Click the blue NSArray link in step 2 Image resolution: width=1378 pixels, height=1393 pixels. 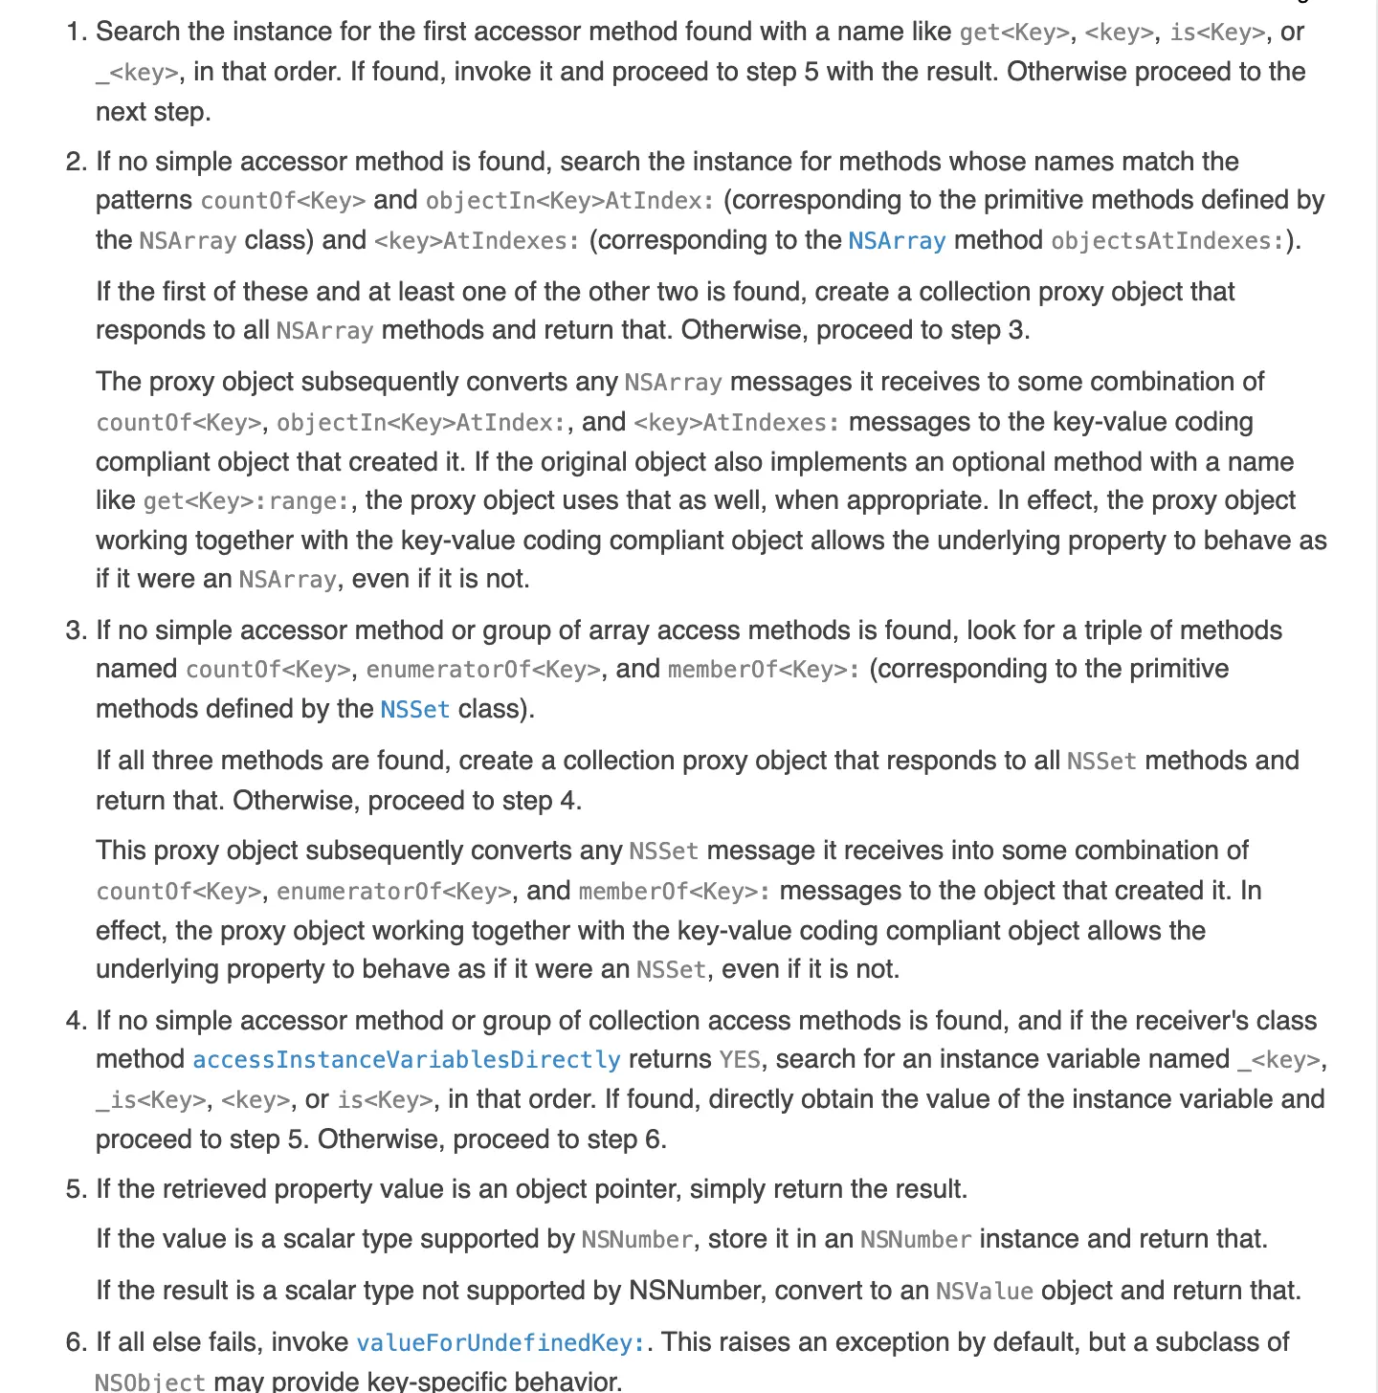click(897, 240)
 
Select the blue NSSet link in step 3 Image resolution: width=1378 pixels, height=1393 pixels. click(414, 709)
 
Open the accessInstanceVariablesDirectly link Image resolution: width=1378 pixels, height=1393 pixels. click(407, 1059)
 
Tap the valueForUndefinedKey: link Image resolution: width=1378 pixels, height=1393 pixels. click(500, 1342)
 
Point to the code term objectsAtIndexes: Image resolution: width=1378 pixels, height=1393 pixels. click(1167, 240)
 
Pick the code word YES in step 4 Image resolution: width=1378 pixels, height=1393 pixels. click(740, 1059)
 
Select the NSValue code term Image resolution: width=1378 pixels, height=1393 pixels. click(984, 1291)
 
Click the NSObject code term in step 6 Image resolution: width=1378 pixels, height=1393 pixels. click(150, 1382)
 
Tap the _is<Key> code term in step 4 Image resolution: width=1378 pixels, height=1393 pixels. click(150, 1099)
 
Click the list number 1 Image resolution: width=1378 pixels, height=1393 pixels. click(76, 32)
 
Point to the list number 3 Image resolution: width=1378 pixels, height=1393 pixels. click(76, 630)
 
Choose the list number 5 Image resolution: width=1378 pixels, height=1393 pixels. click(76, 1189)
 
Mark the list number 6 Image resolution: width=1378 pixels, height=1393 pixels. click(76, 1342)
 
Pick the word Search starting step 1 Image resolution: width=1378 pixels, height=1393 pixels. click(138, 32)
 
